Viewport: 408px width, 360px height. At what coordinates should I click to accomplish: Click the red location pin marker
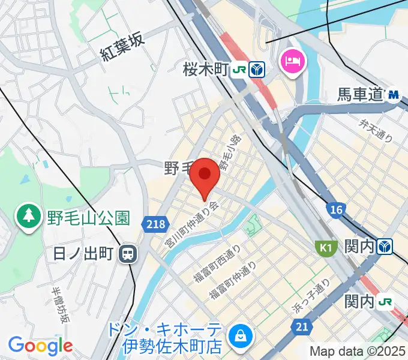205,175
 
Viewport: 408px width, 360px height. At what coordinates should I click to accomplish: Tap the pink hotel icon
293,61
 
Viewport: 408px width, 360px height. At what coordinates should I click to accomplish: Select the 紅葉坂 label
123,47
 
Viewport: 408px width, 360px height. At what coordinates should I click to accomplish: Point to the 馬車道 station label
359,95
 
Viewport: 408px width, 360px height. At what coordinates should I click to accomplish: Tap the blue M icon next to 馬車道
394,94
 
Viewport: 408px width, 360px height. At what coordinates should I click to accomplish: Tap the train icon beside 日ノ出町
127,254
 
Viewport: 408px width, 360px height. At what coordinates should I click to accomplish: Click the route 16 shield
336,209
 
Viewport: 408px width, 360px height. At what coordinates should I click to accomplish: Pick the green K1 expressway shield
325,247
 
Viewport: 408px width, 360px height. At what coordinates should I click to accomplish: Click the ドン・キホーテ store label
166,338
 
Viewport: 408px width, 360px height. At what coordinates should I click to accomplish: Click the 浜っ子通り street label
310,296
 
